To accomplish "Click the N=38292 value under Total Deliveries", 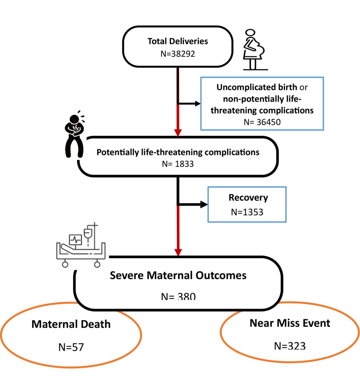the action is [x=178, y=54].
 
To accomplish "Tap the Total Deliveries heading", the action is [x=178, y=41].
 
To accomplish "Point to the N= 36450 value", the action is [x=262, y=122].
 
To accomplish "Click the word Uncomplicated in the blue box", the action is [x=247, y=87].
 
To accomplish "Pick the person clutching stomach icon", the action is [x=75, y=134].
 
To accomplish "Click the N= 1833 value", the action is [x=178, y=164].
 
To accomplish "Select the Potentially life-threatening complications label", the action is [x=178, y=152].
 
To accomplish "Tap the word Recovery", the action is [x=248, y=198].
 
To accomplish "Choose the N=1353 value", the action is [x=247, y=212].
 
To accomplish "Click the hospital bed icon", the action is [x=81, y=245].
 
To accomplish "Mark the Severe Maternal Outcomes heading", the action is [x=178, y=276].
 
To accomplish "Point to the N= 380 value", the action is [x=178, y=297].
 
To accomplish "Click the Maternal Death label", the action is [x=71, y=324].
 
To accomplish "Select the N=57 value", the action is [x=71, y=347].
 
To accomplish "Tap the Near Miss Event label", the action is [x=290, y=323].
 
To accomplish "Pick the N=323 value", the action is [x=290, y=346].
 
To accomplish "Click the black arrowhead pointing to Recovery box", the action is [x=204, y=205].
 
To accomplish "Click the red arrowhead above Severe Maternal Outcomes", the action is [x=178, y=253].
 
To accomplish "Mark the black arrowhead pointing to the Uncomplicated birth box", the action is [x=197, y=104].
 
